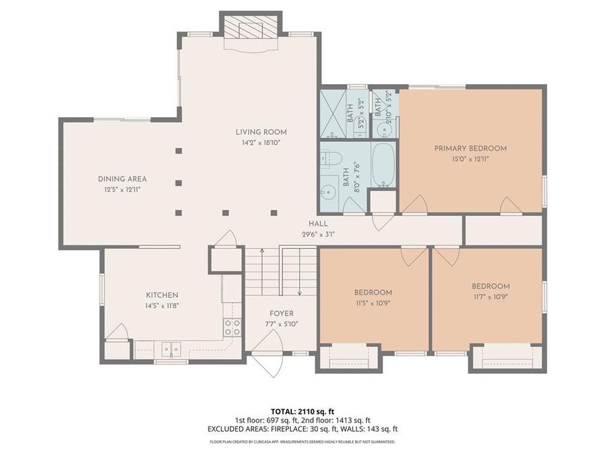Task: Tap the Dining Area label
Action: coord(122,179)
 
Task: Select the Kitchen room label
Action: coord(162,295)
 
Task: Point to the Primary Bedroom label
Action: coord(470,148)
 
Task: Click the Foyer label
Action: coord(282,313)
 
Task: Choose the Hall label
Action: coord(318,224)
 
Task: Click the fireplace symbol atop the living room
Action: coord(250,30)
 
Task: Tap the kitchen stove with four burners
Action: coord(232,328)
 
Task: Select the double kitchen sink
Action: coord(170,349)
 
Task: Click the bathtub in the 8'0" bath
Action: coord(383,165)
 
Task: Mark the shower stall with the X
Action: coord(333,113)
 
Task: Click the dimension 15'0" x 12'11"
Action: coord(470,159)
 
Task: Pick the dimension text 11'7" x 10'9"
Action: coord(491,297)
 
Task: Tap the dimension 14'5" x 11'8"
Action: coord(162,305)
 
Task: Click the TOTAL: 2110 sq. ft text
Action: coord(302,410)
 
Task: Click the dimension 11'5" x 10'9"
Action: coord(373,303)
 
